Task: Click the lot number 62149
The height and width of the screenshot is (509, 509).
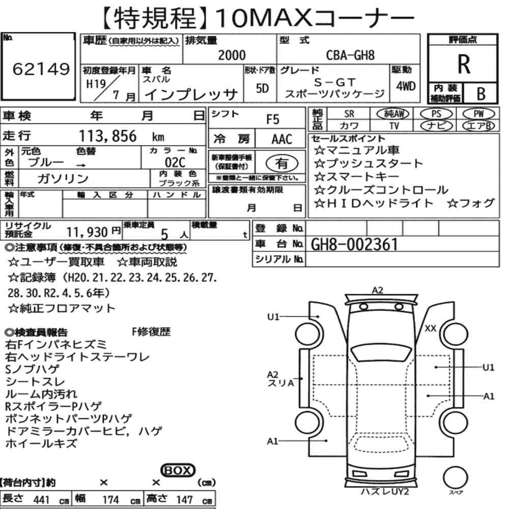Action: coord(41,69)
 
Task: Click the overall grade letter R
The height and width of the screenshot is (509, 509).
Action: coord(464,64)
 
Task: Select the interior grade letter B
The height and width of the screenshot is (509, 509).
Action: coord(481,94)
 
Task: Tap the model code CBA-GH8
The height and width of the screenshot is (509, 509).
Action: coord(350,55)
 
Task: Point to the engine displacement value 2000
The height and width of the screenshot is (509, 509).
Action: coord(232,55)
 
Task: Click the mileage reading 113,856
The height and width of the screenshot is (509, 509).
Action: coord(108,136)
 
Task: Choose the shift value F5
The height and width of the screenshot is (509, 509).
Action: coord(273,120)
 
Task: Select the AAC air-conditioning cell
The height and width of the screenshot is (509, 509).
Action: coord(282,139)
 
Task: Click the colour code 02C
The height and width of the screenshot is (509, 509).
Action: coord(175,162)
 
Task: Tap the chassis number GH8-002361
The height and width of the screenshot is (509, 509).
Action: coord(354,244)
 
